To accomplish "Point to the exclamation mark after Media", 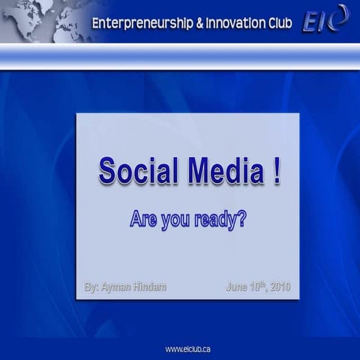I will (277, 171).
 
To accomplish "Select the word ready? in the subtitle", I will (220, 220).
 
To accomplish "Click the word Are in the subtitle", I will (142, 220).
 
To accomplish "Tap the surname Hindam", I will (149, 286).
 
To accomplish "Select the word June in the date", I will (236, 286).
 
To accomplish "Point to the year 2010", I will (279, 286).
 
